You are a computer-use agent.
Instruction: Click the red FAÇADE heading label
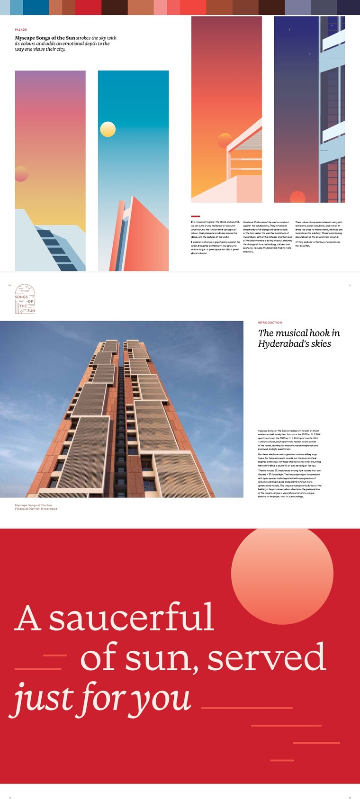pyautogui.click(x=21, y=29)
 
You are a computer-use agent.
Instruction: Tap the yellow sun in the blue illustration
pyautogui.click(x=108, y=129)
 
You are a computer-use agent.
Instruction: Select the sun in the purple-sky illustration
pyautogui.click(x=21, y=174)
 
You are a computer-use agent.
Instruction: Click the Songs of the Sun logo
pyautogui.click(x=25, y=299)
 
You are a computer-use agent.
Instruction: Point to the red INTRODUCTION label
pyautogui.click(x=270, y=323)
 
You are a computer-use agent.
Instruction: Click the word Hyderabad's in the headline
pyautogui.click(x=282, y=344)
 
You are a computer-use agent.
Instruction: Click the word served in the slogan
pyautogui.click(x=267, y=657)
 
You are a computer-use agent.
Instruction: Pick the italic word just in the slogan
pyautogui.click(x=43, y=698)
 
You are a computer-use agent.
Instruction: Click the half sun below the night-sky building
pyautogui.click(x=297, y=197)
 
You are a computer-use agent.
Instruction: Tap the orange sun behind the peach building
pyautogui.click(x=225, y=141)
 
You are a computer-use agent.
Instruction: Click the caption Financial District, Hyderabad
pyautogui.click(x=36, y=509)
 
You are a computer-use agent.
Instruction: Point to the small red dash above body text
pyautogui.click(x=195, y=216)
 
